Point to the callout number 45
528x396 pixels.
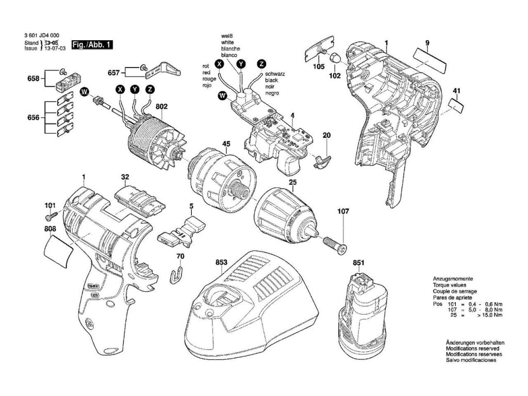coord(226,143)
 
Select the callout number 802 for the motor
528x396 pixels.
coord(161,107)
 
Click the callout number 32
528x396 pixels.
coord(125,177)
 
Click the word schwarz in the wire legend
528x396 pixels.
coord(275,75)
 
